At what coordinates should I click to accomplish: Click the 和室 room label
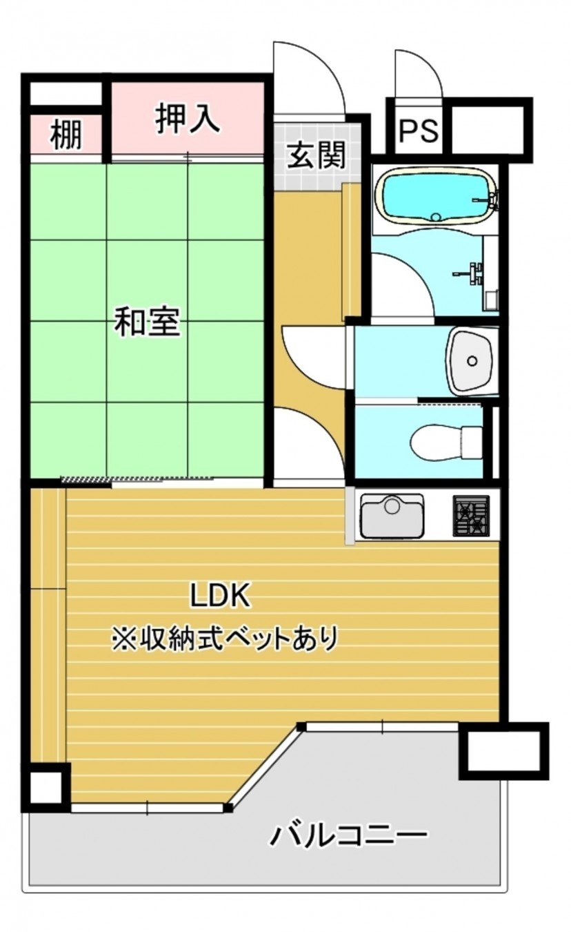147,322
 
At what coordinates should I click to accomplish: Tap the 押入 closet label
187,119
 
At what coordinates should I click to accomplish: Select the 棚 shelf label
66,135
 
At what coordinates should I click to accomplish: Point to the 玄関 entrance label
316,155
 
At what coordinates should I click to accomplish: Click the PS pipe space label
419,130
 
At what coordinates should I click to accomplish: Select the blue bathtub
435,197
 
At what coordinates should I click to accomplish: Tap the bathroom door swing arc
403,283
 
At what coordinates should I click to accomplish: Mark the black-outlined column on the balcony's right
504,750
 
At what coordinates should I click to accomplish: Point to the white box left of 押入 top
66,93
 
